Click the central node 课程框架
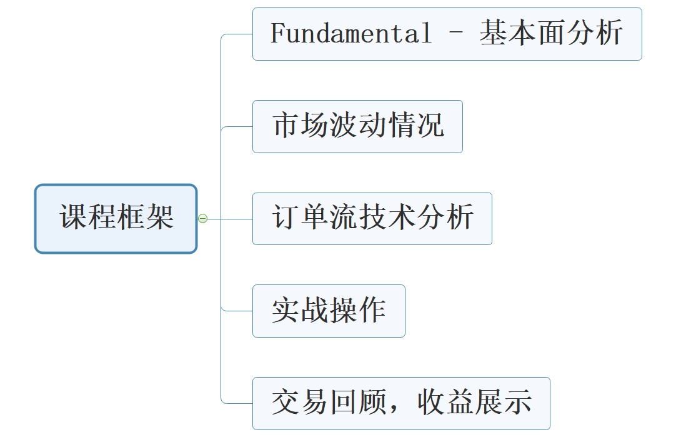tap(116, 218)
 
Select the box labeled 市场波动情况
tap(357, 126)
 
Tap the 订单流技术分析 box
tap(372, 219)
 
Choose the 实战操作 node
tap(329, 311)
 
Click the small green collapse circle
tap(202, 218)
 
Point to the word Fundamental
tap(350, 34)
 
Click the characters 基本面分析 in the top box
tap(551, 34)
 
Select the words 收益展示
tap(475, 403)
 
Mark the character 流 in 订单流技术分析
tap(344, 219)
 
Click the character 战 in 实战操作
tap(315, 311)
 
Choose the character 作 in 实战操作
tap(372, 311)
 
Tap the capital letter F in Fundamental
tap(276, 34)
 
